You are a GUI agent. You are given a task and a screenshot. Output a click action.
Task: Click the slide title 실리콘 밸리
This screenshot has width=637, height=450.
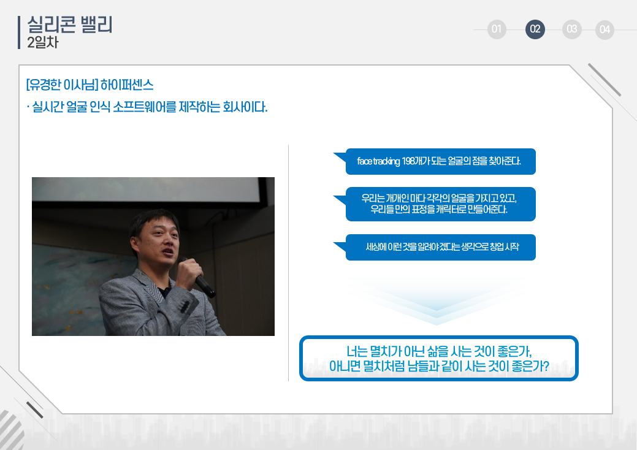click(69, 25)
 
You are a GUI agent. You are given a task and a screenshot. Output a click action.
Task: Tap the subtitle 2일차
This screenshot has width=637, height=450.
click(43, 42)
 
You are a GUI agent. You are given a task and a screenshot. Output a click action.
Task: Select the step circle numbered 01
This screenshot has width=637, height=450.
click(497, 29)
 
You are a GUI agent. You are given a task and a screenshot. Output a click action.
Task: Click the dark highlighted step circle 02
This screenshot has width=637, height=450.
click(535, 29)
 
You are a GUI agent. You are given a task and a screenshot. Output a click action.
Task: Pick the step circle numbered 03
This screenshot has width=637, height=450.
click(571, 29)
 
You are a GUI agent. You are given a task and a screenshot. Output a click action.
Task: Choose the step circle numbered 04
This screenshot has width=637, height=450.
click(605, 29)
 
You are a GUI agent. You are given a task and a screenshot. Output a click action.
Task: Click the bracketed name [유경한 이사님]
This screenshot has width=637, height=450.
click(62, 85)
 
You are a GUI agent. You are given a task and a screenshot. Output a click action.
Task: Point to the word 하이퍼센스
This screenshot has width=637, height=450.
click(127, 85)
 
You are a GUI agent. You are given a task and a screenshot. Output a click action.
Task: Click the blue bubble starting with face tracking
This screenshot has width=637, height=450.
click(440, 162)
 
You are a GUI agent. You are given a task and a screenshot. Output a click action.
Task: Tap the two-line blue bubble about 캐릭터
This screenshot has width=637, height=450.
click(440, 204)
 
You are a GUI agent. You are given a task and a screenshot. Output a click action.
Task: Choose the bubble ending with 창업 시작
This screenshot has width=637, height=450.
click(440, 247)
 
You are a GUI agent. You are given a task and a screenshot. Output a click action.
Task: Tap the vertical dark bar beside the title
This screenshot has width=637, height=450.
click(18, 32)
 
